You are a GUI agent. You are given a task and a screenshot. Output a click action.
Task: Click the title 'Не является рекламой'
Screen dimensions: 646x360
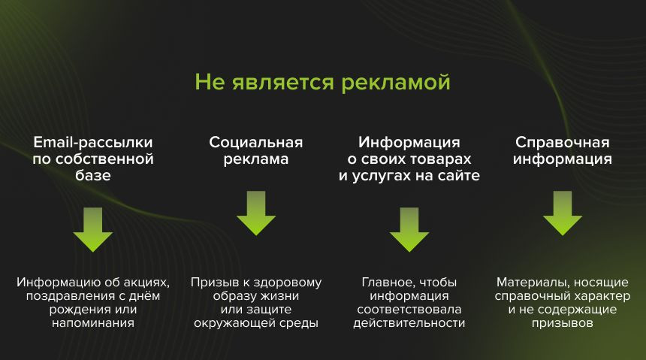click(322, 82)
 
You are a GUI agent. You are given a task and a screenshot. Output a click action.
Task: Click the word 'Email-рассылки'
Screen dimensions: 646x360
click(93, 142)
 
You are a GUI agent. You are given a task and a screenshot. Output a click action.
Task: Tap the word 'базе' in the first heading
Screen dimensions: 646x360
click(93, 175)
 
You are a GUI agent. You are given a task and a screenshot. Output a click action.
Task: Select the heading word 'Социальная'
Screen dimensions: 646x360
click(256, 142)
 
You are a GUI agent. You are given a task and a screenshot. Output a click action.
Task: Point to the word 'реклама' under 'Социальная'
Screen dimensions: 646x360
click(256, 159)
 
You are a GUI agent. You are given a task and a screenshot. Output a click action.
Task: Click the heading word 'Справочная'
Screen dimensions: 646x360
click(563, 142)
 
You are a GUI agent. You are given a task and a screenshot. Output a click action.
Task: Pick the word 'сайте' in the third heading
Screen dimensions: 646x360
click(459, 176)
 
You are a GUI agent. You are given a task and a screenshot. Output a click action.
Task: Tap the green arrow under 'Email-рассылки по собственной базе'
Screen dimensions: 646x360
click(93, 229)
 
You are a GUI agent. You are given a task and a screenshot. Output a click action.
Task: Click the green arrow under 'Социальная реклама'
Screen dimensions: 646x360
click(256, 213)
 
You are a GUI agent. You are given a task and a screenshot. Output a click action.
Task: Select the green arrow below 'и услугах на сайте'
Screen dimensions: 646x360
click(409, 229)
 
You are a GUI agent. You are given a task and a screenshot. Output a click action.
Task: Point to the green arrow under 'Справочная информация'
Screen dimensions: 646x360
click(563, 213)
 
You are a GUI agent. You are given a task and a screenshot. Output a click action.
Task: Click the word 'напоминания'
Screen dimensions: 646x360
click(93, 323)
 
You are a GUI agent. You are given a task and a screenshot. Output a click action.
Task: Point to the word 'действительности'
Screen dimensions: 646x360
click(409, 323)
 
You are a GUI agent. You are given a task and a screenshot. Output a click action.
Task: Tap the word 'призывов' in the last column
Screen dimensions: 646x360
click(563, 323)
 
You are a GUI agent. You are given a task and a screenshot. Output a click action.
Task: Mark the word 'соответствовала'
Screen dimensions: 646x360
click(409, 310)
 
